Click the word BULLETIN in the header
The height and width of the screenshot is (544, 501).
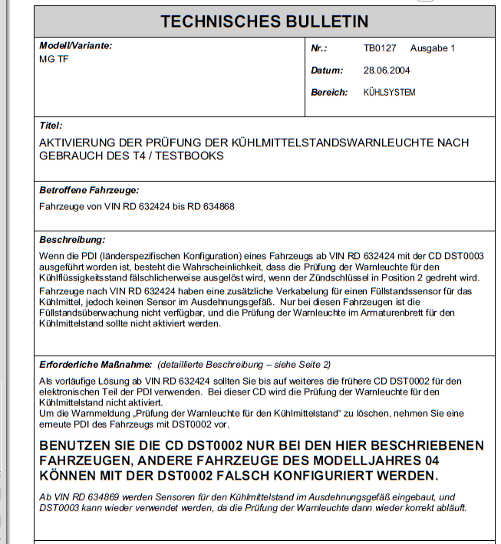[323, 21]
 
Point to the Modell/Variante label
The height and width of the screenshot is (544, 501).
[75, 46]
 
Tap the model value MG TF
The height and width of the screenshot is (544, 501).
[54, 59]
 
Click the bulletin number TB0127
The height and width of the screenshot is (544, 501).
[380, 48]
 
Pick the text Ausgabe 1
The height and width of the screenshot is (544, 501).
[433, 48]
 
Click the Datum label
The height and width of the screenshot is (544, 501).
[327, 70]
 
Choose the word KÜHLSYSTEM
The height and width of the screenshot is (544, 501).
[389, 93]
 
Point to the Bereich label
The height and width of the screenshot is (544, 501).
[329, 93]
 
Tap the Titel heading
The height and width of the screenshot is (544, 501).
[50, 125]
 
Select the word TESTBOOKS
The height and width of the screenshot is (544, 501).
[192, 156]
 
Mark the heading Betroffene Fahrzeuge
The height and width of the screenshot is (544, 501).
[89, 190]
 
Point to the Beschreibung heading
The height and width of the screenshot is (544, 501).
[72, 240]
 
